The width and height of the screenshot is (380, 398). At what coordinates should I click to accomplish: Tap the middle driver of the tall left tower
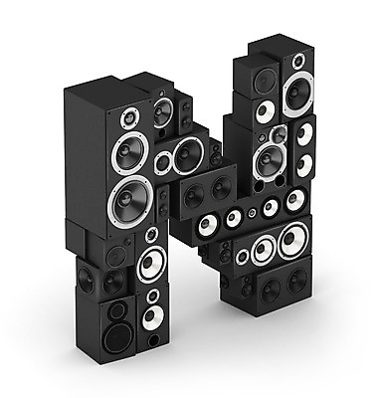129,153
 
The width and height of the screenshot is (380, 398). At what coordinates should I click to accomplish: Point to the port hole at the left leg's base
154,340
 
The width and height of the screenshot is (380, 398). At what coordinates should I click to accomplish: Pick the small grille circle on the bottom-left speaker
116,310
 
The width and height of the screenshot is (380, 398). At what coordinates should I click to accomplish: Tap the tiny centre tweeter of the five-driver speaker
253,213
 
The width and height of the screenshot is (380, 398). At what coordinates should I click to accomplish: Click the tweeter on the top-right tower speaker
298,61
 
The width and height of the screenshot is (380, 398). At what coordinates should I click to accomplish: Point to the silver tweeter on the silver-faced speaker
279,134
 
